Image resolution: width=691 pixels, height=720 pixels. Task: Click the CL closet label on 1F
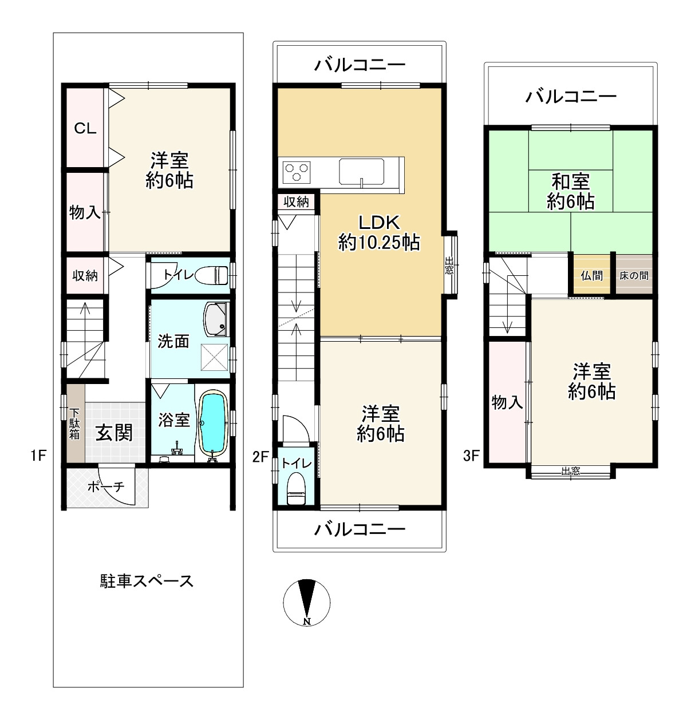[85, 128]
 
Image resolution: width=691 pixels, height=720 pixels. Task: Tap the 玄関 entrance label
[114, 433]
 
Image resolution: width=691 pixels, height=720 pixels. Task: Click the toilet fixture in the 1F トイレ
[215, 275]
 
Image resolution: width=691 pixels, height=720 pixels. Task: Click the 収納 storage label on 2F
[296, 201]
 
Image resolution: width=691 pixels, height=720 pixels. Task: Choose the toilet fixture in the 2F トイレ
[296, 489]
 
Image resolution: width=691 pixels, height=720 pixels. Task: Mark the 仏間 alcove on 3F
[591, 275]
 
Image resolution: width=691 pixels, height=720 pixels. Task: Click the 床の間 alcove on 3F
[634, 275]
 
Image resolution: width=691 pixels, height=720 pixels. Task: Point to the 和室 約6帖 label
[570, 192]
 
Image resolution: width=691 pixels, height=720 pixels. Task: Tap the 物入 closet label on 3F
[507, 402]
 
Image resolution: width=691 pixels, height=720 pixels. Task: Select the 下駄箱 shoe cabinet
[75, 424]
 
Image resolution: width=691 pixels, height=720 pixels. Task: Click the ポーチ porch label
[106, 487]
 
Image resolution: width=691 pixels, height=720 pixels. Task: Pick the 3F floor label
[471, 456]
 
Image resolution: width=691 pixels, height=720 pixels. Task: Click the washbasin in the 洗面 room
[215, 318]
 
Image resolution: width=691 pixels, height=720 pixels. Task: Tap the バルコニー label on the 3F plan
[571, 96]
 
